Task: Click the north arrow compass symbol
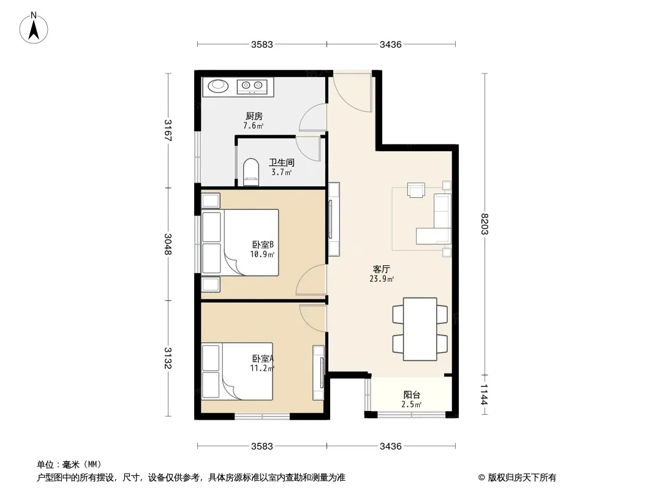tap(34, 28)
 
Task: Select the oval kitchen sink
tap(218, 86)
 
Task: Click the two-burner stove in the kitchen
tap(252, 86)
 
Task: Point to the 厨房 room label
tap(254, 116)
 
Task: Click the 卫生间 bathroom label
tap(282, 162)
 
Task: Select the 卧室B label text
tap(262, 244)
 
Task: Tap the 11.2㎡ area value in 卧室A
tap(262, 368)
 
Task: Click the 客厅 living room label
tap(382, 269)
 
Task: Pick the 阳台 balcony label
tap(412, 394)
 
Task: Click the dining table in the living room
tap(420, 329)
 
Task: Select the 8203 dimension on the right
tap(485, 224)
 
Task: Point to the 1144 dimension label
tap(485, 394)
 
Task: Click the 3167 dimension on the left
tap(168, 130)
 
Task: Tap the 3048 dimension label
tap(168, 244)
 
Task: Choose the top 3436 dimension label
tap(391, 45)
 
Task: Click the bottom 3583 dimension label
tap(262, 447)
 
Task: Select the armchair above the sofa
tap(416, 190)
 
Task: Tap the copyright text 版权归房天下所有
tap(522, 478)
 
